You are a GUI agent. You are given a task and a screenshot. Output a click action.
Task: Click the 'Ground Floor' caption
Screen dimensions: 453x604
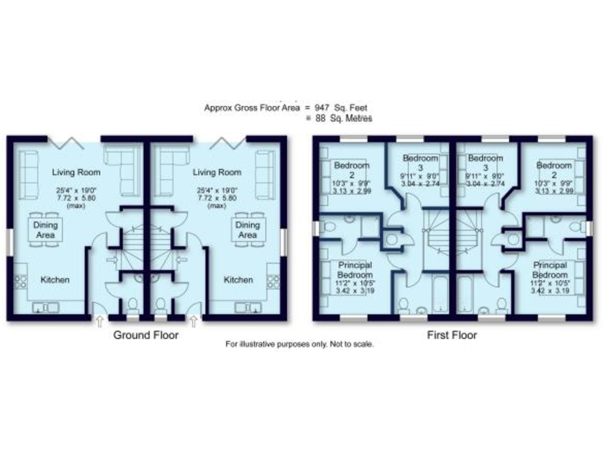pyautogui.click(x=146, y=335)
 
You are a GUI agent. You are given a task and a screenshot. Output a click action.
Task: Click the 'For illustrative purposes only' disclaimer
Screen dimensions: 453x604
pyautogui.click(x=300, y=344)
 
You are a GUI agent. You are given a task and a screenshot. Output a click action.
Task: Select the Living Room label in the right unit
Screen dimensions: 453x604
pyautogui.click(x=217, y=172)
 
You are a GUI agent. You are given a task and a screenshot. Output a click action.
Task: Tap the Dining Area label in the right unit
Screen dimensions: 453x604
pyautogui.click(x=247, y=229)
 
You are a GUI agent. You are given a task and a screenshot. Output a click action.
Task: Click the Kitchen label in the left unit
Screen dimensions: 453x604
pyautogui.click(x=56, y=279)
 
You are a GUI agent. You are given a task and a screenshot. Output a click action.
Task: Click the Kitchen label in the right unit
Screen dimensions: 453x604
pyautogui.click(x=238, y=279)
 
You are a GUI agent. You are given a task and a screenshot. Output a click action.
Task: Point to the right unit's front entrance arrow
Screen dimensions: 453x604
pyautogui.click(x=193, y=321)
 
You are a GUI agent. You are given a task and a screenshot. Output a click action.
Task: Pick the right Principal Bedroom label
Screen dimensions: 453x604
pyautogui.click(x=549, y=271)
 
